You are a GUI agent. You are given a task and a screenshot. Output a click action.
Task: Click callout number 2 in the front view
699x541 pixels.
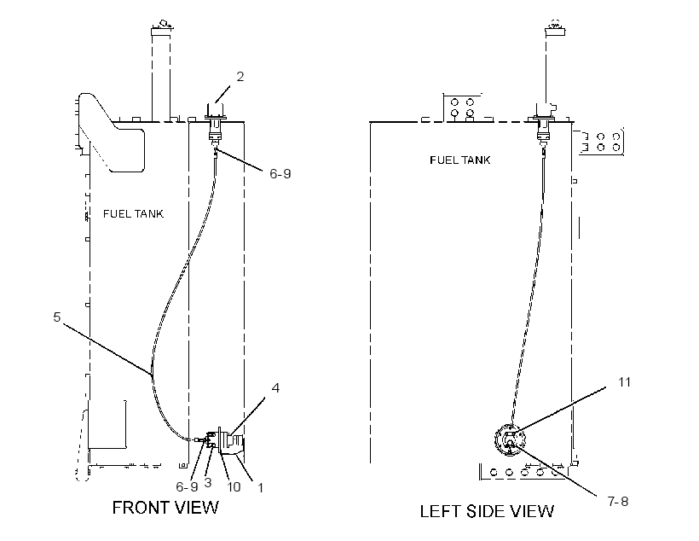[240, 77]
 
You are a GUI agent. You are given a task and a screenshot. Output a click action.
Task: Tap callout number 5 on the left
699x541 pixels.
[56, 317]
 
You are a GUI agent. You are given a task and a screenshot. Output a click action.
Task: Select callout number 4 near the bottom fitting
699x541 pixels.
[275, 388]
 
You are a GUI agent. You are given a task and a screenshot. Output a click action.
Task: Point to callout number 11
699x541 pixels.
[624, 382]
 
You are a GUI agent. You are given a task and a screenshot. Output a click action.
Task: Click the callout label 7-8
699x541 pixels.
[618, 501]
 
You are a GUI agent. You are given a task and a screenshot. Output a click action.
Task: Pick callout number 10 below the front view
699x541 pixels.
[234, 487]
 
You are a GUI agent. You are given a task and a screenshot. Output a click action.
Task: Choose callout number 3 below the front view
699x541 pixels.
[208, 482]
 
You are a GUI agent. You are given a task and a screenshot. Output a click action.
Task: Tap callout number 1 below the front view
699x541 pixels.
[260, 488]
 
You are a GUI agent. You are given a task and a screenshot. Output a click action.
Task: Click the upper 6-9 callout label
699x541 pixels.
[280, 173]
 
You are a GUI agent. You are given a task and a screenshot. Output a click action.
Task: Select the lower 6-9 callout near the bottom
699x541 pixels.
[187, 486]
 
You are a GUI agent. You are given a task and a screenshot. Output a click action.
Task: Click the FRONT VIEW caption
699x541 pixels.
[165, 508]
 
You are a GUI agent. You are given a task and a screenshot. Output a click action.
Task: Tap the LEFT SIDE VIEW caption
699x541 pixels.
[487, 511]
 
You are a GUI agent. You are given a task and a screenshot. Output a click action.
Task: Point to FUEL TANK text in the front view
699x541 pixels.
[133, 214]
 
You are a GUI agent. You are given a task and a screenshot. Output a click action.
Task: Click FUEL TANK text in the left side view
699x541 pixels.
[460, 160]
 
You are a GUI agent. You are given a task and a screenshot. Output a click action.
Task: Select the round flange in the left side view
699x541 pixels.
[510, 439]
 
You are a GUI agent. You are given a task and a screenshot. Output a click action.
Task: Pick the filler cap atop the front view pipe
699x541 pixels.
[161, 28]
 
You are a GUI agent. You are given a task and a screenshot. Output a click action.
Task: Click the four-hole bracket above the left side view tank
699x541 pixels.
[462, 108]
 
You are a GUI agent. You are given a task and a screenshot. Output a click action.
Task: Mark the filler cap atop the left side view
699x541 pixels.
[555, 28]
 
